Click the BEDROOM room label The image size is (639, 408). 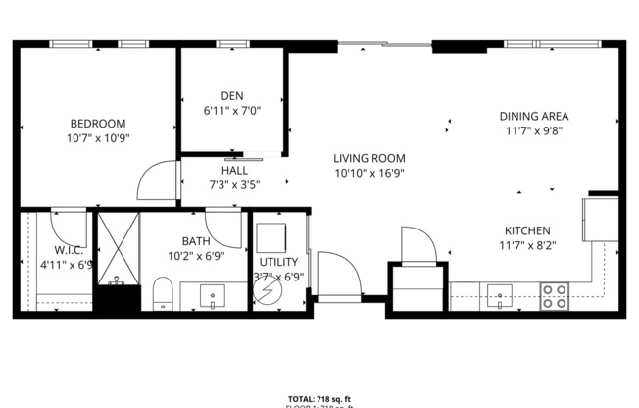click(x=97, y=123)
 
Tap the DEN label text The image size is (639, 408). click(x=231, y=95)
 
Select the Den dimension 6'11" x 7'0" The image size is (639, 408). click(x=231, y=110)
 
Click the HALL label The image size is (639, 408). click(x=233, y=170)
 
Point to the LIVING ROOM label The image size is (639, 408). click(x=369, y=158)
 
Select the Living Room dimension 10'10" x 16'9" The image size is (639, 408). click(x=369, y=173)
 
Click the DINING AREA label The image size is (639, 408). click(x=535, y=116)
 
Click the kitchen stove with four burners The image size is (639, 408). click(x=556, y=295)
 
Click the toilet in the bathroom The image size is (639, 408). click(x=163, y=292)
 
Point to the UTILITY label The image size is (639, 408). click(x=278, y=262)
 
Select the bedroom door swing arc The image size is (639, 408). click(x=155, y=182)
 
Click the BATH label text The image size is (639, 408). click(x=195, y=241)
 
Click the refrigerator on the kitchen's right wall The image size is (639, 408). click(x=599, y=218)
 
